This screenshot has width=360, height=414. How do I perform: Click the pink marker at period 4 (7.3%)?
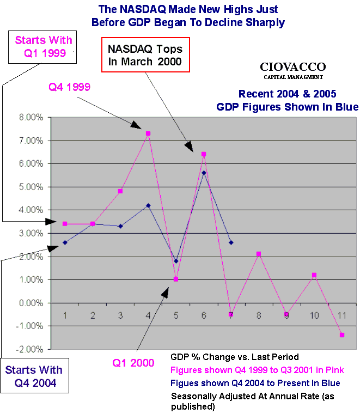point(148,133)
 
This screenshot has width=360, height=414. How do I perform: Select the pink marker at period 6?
point(204,154)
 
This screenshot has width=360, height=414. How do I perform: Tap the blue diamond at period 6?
point(204,173)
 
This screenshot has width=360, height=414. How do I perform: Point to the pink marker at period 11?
point(342,335)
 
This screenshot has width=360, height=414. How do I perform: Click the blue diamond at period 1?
point(65,242)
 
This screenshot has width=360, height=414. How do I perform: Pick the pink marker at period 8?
point(259,254)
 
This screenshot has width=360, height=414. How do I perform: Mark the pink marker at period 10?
point(314,275)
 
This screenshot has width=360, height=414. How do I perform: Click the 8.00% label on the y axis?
point(32,117)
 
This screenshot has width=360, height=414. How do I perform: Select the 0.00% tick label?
point(32,303)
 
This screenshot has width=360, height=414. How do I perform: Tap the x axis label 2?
point(93,315)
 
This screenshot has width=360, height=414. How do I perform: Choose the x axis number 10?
point(314,315)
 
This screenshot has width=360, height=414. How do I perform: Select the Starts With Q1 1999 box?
point(43,47)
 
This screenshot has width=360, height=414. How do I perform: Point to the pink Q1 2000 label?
point(133,363)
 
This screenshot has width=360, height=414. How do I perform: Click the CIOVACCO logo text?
point(292,67)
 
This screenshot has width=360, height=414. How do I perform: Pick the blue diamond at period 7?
point(231,242)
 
